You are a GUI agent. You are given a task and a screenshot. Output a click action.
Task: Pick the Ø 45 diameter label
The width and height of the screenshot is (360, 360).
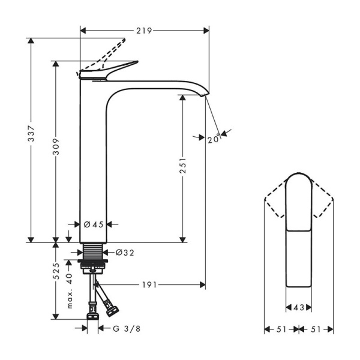(x=94, y=224)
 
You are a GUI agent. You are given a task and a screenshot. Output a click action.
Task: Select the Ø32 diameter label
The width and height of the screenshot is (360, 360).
(x=124, y=253)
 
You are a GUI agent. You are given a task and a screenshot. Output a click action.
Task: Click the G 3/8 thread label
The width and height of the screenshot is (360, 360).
(x=128, y=328)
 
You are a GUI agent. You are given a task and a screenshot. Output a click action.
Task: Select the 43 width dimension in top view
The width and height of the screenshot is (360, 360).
(x=298, y=308)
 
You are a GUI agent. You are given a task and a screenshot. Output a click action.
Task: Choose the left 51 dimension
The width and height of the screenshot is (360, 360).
(x=281, y=329)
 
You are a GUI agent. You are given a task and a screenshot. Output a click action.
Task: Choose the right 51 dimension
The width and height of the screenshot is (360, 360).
(x=316, y=329)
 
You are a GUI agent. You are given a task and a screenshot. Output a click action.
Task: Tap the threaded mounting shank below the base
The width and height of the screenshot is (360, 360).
(x=94, y=251)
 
